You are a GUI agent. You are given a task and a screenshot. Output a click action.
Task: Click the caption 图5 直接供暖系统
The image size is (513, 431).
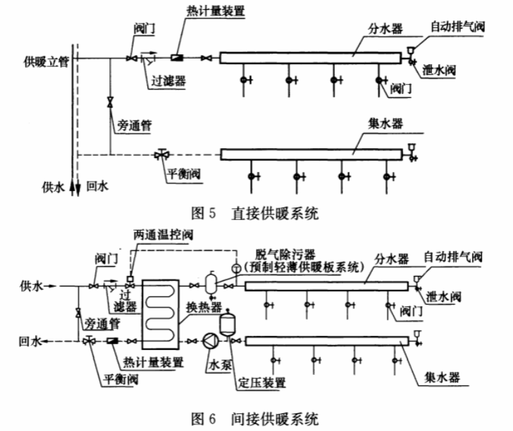pyautogui.click(x=255, y=214)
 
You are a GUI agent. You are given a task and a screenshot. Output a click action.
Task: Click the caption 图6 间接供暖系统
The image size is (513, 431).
pyautogui.click(x=255, y=419)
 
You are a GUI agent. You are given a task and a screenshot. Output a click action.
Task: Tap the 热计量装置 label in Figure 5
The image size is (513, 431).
pyautogui.click(x=216, y=11)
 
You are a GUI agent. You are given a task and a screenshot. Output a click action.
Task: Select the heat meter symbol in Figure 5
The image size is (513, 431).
pyautogui.click(x=177, y=58)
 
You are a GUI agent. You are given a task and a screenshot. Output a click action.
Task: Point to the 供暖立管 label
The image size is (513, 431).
pyautogui.click(x=46, y=61)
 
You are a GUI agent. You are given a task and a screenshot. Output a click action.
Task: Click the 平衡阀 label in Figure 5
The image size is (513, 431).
pyautogui.click(x=183, y=174)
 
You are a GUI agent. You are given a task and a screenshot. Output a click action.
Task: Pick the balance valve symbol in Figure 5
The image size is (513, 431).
pyautogui.click(x=161, y=154)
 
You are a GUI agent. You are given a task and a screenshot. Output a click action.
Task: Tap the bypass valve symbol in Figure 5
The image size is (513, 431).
pyautogui.click(x=110, y=102)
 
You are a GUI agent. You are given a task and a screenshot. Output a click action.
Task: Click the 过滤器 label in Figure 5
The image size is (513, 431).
pyautogui.click(x=168, y=80)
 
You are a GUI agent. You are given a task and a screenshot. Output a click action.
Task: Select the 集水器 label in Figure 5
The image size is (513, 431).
pyautogui.click(x=385, y=123)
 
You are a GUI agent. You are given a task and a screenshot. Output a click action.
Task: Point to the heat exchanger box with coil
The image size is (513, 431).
pyautogui.click(x=161, y=315)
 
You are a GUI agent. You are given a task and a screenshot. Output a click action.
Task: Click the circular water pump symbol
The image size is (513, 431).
pyautogui.click(x=211, y=341)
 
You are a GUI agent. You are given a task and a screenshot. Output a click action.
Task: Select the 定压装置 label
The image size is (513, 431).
pyautogui.click(x=261, y=382)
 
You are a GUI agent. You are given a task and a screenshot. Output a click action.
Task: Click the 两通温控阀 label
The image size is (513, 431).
pyautogui.click(x=163, y=235)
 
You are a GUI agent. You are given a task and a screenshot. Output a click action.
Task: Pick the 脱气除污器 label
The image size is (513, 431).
pyautogui.click(x=285, y=255)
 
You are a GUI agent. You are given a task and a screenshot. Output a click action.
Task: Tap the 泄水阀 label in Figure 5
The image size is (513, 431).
pyautogui.click(x=439, y=70)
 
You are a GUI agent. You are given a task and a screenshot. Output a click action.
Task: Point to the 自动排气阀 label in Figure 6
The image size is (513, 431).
pyautogui.click(x=453, y=257)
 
